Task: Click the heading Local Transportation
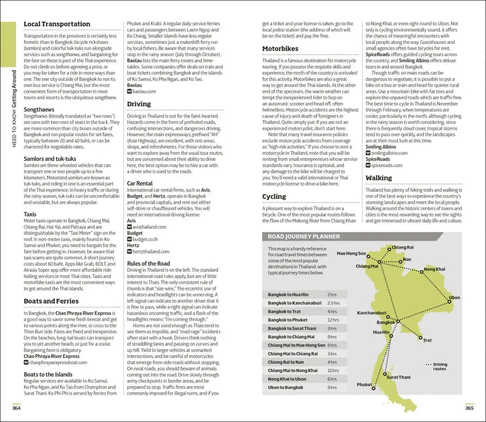pyautogui.click(x=57, y=24)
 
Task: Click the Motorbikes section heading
pyautogui.click(x=280, y=49)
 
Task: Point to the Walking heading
pyautogui.click(x=379, y=178)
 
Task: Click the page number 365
pyautogui.click(x=469, y=408)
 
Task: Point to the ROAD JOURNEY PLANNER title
pyautogui.click(x=304, y=236)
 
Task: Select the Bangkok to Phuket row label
pyautogui.click(x=292, y=320)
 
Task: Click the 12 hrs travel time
pyautogui.click(x=333, y=320)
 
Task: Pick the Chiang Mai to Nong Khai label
pyautogui.click(x=293, y=371)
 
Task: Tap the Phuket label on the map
pyautogui.click(x=364, y=385)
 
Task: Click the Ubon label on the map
pyautogui.click(x=454, y=298)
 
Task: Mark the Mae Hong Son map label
pyautogui.click(x=351, y=253)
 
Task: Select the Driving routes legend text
pyautogui.click(x=440, y=366)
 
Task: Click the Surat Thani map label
pyautogui.click(x=399, y=377)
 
